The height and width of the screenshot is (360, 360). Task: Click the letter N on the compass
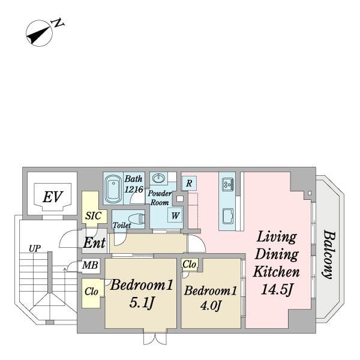point(58,23)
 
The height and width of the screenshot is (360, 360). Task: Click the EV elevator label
point(53,197)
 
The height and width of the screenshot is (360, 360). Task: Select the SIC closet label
point(93,215)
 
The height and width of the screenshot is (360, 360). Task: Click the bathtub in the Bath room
point(113,188)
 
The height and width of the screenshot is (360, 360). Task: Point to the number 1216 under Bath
point(134,189)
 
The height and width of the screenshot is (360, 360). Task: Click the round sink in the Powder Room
point(158,178)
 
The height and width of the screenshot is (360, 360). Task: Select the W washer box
point(175,215)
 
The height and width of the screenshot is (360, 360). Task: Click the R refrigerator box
point(189,183)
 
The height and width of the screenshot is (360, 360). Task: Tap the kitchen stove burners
point(228,184)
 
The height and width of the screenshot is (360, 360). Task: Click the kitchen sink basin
point(228,216)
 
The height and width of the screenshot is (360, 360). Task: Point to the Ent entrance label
point(94,242)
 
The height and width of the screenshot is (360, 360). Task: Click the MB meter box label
point(90,265)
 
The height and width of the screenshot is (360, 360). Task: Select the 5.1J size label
point(141,302)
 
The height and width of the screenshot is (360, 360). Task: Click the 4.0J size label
point(211,305)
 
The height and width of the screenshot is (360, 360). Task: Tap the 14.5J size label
point(276,290)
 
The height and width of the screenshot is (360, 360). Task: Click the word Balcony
point(329,254)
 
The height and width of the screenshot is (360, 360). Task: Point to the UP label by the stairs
point(35,248)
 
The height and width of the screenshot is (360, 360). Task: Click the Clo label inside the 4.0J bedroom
point(189,264)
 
